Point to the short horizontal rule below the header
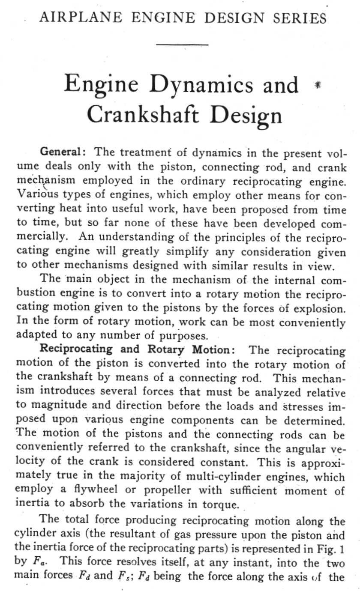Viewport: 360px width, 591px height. click(x=182, y=44)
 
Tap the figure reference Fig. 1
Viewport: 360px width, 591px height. click(x=329, y=548)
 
